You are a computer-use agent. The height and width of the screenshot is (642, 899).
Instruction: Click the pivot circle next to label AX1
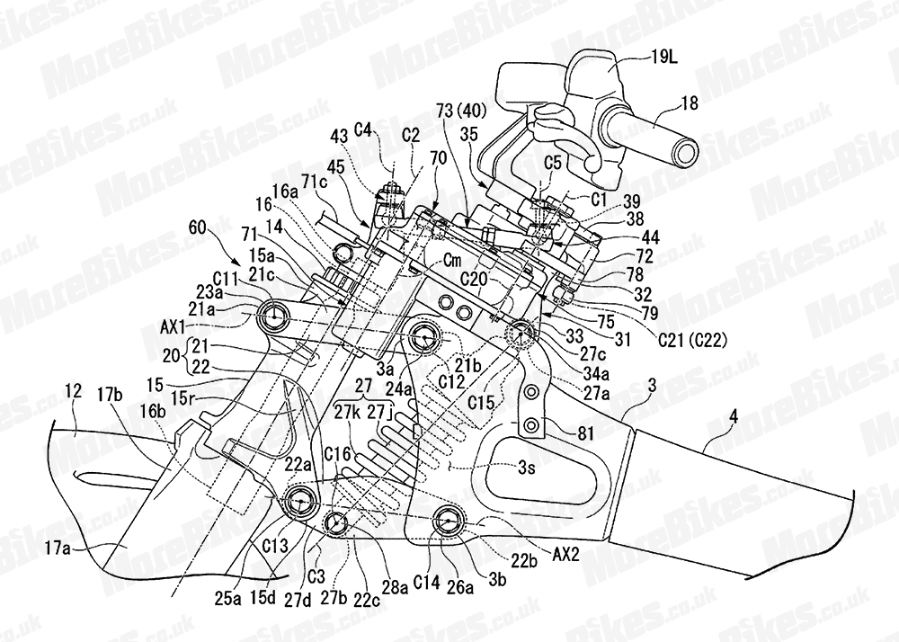click(x=274, y=315)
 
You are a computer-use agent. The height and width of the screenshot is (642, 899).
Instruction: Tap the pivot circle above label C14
click(x=449, y=519)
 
